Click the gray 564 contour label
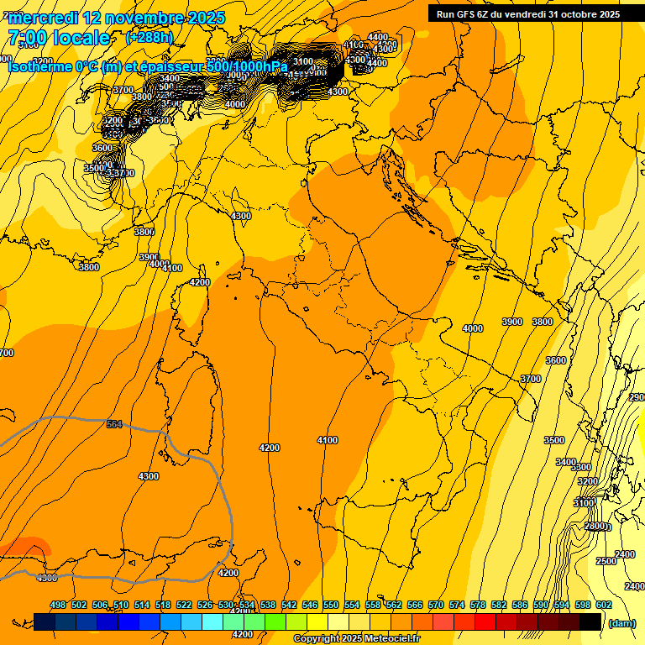pos(114,424)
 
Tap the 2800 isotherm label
pos(595,526)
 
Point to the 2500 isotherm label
pos(606,561)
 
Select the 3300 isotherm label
pos(581,467)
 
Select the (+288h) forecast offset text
pos(149,38)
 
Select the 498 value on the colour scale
pos(58,605)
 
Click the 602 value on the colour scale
pos(604,605)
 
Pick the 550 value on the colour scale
pos(331,605)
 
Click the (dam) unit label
pos(621,623)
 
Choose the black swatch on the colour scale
pos(590,621)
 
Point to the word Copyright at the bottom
pos(317,639)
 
